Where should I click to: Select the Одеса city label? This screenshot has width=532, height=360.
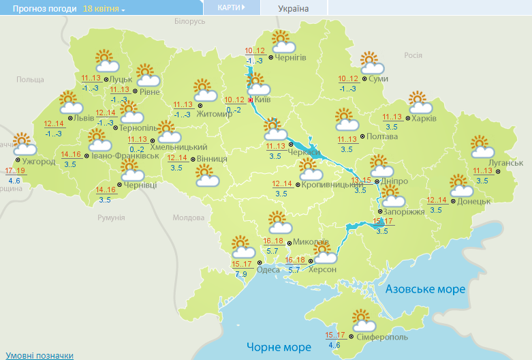point(268,269)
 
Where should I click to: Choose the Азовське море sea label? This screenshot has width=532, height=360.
point(425,289)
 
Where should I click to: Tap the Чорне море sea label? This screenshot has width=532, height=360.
point(279,347)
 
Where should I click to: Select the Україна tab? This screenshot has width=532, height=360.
point(294,8)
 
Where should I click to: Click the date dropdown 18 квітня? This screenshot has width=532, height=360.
point(104,9)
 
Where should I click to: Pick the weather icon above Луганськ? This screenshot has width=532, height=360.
point(483,147)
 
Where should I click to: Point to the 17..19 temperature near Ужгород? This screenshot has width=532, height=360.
point(15,170)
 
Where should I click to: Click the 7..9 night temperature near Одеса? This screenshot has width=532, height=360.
point(241,274)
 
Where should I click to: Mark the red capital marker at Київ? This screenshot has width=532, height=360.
point(251,100)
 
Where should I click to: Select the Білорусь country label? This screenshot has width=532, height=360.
point(189,22)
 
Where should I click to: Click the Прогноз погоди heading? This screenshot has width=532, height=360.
point(39,9)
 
